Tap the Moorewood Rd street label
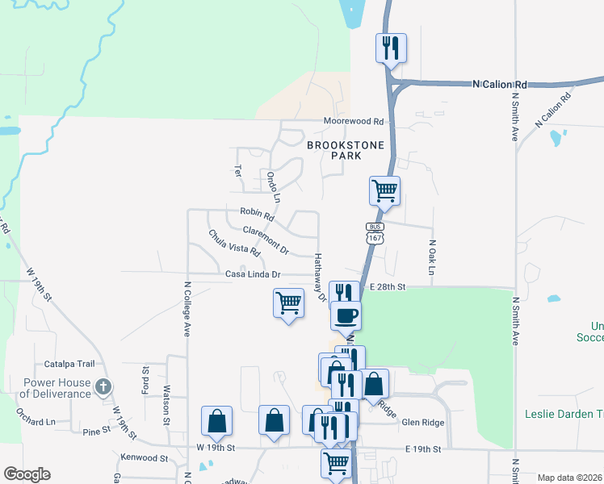click(x=354, y=121)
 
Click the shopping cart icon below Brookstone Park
click(x=385, y=191)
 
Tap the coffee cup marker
click(x=346, y=315)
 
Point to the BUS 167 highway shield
click(x=374, y=233)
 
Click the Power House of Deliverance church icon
click(x=103, y=387)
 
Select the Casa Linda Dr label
click(x=253, y=274)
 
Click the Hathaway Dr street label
click(x=319, y=277)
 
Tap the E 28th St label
click(x=388, y=287)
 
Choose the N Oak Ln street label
click(x=432, y=257)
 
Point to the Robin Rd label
click(x=257, y=214)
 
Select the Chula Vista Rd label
click(x=234, y=243)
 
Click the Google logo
click(x=27, y=474)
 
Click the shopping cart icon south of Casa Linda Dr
click(x=288, y=303)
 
